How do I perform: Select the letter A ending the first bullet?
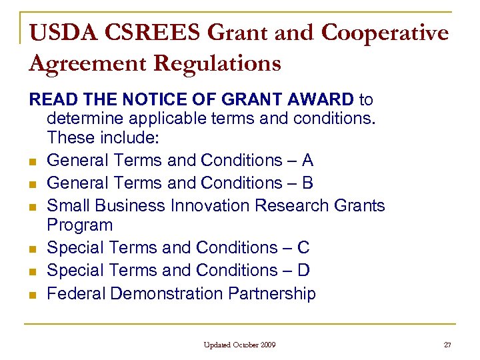pos(307,161)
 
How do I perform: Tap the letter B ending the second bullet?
pos(307,183)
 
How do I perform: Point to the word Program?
pos(80,225)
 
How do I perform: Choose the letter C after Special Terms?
pos(303,248)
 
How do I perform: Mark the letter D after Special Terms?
pos(303,271)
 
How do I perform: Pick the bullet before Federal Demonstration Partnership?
pos(32,295)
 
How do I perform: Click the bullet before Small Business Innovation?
pos(32,207)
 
